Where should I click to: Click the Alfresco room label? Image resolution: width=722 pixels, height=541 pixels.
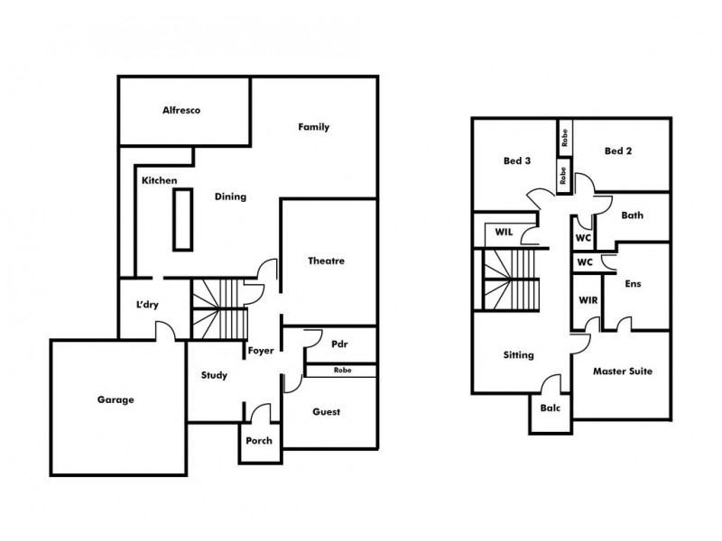coord(180,110)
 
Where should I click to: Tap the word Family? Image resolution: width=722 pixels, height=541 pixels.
coord(313,127)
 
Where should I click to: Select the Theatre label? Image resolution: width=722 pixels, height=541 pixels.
coord(327,261)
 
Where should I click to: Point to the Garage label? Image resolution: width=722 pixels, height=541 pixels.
coord(116,399)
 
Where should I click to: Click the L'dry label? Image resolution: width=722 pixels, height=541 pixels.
coord(147,305)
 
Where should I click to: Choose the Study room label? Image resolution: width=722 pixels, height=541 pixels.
coord(214,375)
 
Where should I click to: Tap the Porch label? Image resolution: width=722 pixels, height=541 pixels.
coord(259,441)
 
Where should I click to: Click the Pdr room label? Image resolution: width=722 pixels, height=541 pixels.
coord(340,344)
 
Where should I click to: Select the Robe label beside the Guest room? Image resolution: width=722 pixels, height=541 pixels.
coord(342,371)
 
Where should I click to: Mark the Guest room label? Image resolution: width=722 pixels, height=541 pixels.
coord(326,412)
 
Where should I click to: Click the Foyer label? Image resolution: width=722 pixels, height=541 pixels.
coord(261,351)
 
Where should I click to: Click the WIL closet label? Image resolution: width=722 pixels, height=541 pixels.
coord(504,232)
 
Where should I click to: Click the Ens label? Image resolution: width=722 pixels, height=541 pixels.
coord(634,283)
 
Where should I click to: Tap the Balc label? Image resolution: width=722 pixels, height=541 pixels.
coord(550,407)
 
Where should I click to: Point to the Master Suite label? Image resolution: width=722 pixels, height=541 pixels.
coord(622,371)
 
